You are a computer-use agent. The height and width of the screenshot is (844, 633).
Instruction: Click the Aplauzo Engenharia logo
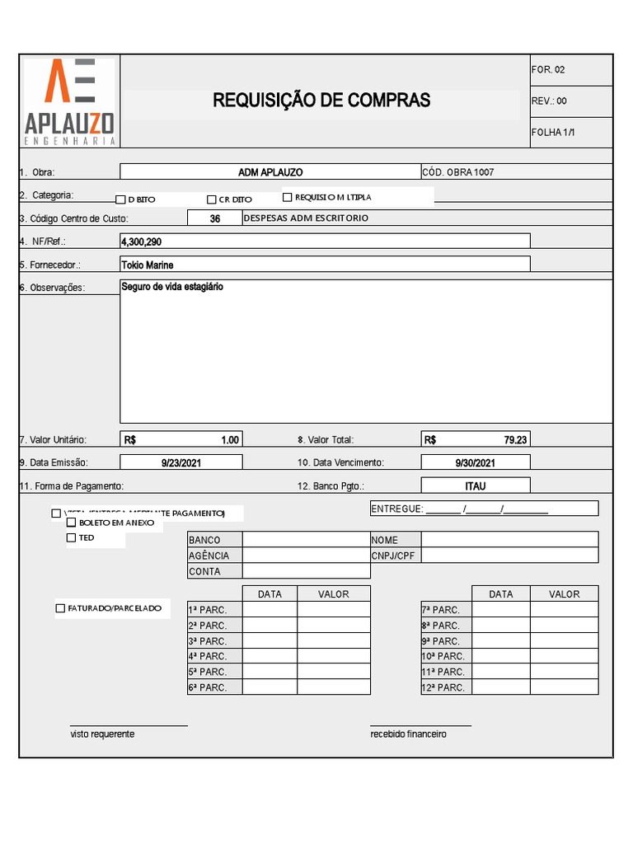coord(69,102)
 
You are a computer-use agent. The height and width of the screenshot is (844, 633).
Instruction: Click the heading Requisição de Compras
coord(321,101)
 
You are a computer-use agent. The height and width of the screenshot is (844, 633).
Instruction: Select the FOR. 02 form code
coord(549,70)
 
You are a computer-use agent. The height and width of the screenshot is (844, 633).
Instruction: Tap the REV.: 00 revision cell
coord(550,101)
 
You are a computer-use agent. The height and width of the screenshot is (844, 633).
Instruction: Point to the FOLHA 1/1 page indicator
coord(553,133)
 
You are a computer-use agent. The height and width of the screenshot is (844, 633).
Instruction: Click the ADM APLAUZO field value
coord(270,172)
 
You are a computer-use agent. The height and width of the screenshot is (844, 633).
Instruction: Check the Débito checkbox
coord(120,199)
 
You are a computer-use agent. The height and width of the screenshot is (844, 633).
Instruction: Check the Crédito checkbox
coord(212,199)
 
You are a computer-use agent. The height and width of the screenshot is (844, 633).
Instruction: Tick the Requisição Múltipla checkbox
coord(288,197)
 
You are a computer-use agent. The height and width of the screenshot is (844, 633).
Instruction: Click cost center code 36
coord(214,219)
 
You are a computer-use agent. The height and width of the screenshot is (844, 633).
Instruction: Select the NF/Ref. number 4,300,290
coord(141,242)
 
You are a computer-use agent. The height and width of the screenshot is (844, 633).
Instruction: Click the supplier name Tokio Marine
coord(147,265)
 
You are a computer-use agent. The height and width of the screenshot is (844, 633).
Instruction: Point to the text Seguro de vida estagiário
coord(171,287)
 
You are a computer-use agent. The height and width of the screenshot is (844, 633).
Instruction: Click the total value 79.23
coord(515,440)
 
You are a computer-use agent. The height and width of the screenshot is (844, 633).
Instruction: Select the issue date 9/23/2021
coord(181,463)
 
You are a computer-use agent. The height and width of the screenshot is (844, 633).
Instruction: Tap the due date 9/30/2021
coord(476,463)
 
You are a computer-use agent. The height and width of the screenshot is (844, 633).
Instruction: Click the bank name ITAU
coord(476,486)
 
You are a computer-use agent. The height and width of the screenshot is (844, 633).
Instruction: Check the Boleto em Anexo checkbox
coord(72,523)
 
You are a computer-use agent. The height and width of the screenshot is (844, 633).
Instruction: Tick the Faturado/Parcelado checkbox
coord(60,608)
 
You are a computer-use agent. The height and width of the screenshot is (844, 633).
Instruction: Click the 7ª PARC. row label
coord(441,610)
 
